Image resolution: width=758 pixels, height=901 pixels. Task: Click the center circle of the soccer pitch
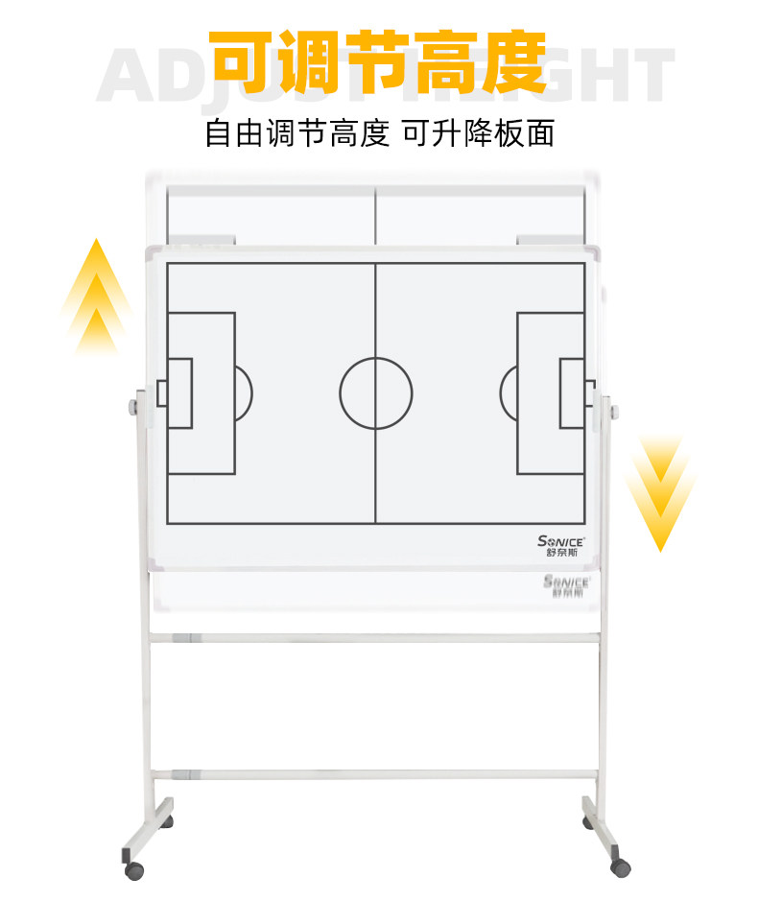(x=375, y=393)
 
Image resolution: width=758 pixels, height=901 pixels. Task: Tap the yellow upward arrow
(x=95, y=296)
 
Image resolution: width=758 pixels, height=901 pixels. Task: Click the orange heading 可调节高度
(x=378, y=60)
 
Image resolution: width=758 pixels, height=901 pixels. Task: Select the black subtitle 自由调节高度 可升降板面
(x=379, y=133)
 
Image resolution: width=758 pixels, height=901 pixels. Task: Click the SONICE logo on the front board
(x=561, y=545)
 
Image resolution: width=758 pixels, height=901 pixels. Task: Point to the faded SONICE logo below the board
(x=569, y=585)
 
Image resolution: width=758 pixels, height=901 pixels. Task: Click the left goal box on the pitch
(x=179, y=392)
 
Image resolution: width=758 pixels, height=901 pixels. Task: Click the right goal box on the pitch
(x=572, y=392)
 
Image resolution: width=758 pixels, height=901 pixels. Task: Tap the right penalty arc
(x=508, y=392)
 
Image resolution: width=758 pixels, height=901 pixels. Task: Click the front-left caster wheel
(x=134, y=870)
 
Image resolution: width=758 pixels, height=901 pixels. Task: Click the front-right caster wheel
(x=621, y=866)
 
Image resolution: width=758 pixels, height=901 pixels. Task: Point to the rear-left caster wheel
(x=170, y=822)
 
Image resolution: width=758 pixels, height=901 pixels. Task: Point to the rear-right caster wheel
(x=588, y=821)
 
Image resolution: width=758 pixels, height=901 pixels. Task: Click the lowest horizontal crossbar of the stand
(x=375, y=772)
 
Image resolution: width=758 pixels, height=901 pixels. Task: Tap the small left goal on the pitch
(x=162, y=392)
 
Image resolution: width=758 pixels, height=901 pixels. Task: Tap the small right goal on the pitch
(x=588, y=392)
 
